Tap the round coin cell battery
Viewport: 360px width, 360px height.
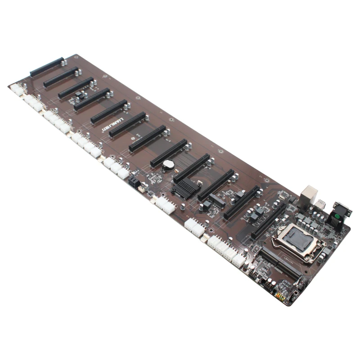coord(168,165)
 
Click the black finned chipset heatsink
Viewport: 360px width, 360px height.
coord(185,188)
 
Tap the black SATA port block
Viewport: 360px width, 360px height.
coord(134,183)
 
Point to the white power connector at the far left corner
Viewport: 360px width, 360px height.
coord(18,90)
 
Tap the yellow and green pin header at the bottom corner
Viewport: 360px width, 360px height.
coord(279,297)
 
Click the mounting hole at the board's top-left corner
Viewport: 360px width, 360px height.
coord(76,57)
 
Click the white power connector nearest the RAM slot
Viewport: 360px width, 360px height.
coord(238,260)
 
